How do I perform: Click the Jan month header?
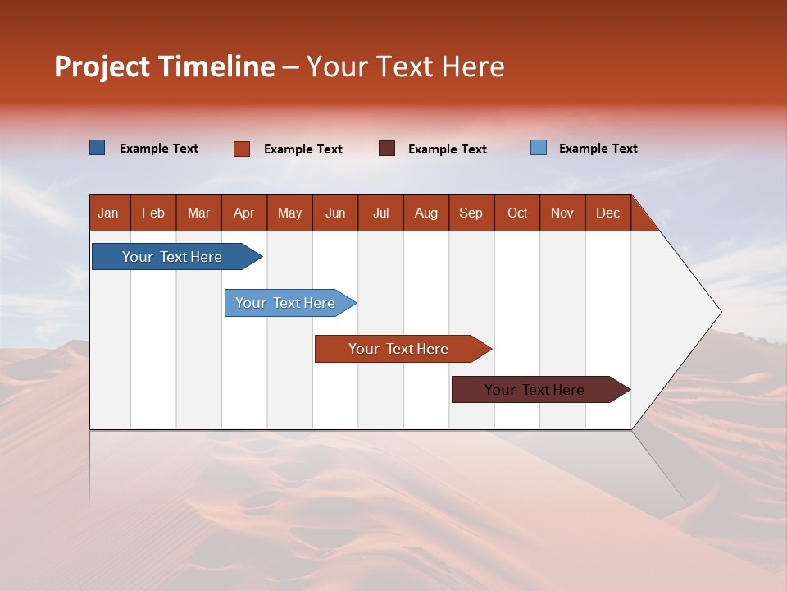[x=108, y=213]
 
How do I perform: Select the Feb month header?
[x=153, y=213]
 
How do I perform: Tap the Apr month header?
[x=243, y=213]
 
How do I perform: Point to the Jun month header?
[x=335, y=213]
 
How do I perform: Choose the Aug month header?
[x=425, y=213]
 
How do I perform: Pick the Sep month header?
[x=471, y=213]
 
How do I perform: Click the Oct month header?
[x=517, y=213]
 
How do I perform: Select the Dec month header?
[x=607, y=213]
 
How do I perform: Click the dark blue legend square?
[x=98, y=148]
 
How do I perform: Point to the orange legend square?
[x=242, y=149]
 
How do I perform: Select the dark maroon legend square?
[x=387, y=149]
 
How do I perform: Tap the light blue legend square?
[x=539, y=148]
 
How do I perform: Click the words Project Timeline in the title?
[x=164, y=66]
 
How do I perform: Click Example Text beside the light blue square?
[x=598, y=149]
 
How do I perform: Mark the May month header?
[x=289, y=213]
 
